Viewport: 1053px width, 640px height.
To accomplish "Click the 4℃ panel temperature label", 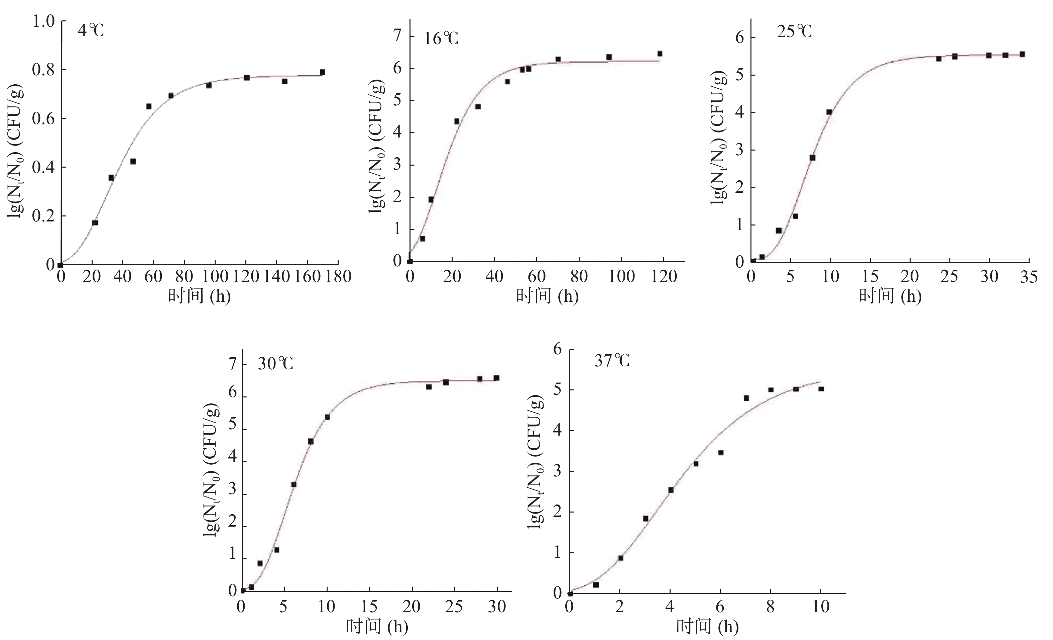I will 91,31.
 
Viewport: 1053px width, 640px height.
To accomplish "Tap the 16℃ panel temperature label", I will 441,39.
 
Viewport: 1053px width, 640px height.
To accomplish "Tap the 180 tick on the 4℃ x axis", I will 338,276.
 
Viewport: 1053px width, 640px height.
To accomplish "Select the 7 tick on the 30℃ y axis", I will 232,364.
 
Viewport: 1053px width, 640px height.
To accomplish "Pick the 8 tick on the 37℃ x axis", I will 770,606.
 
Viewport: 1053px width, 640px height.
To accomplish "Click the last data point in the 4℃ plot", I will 322,72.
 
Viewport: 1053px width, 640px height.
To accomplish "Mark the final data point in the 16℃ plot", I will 660,54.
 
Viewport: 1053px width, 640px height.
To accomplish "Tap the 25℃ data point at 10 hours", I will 829,112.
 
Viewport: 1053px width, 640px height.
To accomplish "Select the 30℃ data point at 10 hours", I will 327,417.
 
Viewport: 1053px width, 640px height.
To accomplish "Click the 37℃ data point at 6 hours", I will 720,452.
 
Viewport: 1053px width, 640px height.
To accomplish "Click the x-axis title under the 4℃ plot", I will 199,296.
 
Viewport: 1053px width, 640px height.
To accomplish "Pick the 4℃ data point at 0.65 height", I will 149,106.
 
